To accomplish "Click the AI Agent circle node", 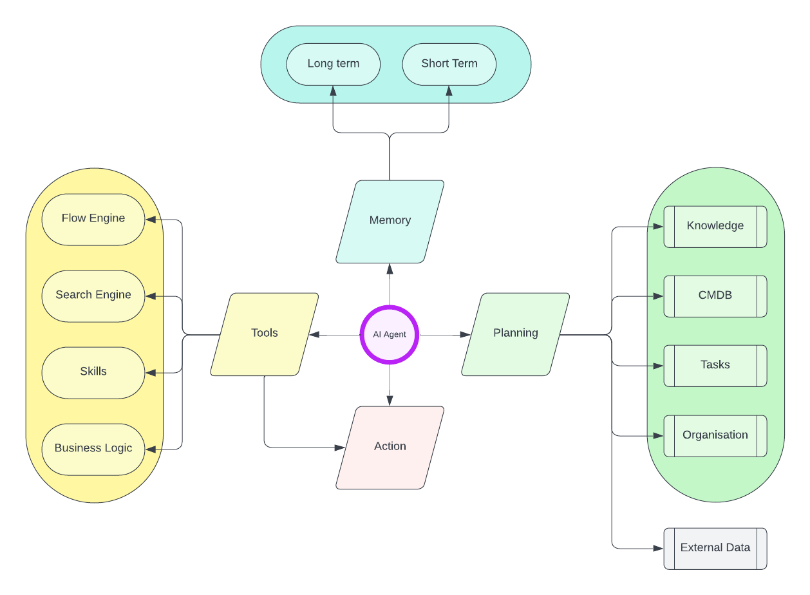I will [390, 335].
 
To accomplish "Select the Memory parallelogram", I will [390, 221].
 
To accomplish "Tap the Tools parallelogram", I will [265, 334].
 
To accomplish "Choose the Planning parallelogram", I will [516, 334].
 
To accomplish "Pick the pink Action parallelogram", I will [390, 447].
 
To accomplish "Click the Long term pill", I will [334, 64].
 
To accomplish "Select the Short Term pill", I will [449, 64].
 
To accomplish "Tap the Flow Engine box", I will [93, 219].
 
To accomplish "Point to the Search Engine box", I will [93, 296].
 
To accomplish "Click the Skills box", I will [93, 372].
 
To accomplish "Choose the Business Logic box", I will [93, 449].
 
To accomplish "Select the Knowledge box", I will [715, 226].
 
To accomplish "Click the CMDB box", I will [715, 296].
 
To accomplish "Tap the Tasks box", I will [715, 365].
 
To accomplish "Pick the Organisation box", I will [715, 435].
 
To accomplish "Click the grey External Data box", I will [715, 548].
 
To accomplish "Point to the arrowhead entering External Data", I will [659, 549].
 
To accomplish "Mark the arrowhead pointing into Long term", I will [334, 91].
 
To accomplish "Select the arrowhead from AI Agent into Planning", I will [466, 335].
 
